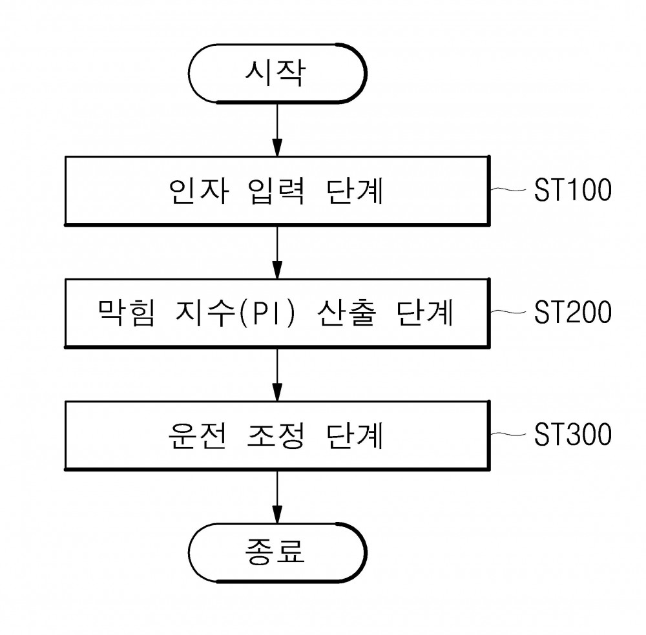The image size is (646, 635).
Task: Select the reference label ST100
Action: pos(572,190)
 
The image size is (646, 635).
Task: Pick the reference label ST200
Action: pos(572,312)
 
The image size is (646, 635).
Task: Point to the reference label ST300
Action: pos(572,434)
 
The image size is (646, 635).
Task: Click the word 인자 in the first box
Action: pos(198,191)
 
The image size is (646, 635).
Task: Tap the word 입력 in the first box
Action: pos(276,191)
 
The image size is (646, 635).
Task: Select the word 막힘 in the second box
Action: pos(127,313)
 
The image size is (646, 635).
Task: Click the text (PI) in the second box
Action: pos(267,313)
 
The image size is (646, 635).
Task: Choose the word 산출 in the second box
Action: pos(346,313)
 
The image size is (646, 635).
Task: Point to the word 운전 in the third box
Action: pos(198,435)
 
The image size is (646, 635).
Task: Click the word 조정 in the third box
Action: pos(276,435)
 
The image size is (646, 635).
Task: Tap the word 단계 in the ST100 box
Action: pos(354,191)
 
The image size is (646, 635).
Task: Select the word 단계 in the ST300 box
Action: pos(354,435)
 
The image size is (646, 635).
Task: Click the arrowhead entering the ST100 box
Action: pos(277,148)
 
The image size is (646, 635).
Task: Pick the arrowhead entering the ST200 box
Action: pos(277,270)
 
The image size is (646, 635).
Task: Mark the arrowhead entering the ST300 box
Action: pos(277,392)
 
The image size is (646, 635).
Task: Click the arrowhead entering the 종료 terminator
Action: pos(277,514)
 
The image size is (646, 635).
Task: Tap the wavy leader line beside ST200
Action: pos(508,312)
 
